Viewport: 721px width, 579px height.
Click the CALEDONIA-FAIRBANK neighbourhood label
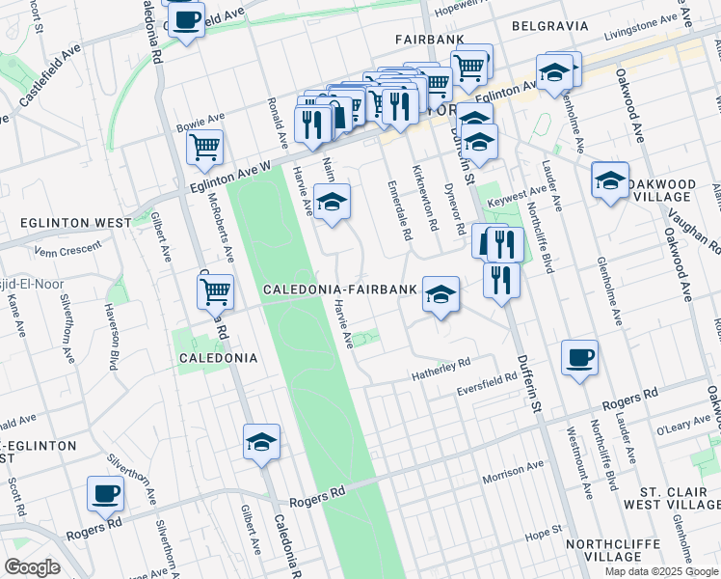340,289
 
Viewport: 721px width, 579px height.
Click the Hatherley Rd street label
441,364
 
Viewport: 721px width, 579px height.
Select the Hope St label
544,531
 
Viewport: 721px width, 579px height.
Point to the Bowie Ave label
199,126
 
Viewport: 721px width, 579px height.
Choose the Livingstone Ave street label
640,26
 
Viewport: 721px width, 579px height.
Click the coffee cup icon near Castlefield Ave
186,19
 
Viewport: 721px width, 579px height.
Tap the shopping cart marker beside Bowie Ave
204,148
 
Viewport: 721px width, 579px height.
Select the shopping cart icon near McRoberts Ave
216,289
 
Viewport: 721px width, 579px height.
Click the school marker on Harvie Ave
332,202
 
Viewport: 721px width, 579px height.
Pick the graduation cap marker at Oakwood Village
610,179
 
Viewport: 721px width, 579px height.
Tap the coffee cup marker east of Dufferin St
579,358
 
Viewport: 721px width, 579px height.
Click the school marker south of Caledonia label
261,442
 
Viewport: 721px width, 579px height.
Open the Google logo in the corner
31,567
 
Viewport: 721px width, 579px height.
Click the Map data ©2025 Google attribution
660,571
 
